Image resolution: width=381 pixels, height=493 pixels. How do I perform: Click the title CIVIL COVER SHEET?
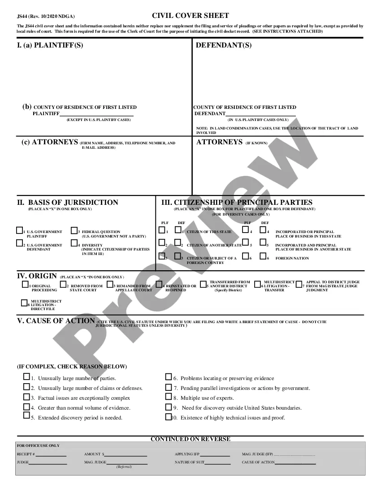tap(190, 16)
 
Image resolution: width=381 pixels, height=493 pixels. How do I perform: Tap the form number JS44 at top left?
tap(22, 16)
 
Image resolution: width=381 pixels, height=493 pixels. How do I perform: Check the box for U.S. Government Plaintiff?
tap(19, 230)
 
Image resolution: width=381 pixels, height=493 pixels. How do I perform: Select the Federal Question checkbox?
tap(74, 231)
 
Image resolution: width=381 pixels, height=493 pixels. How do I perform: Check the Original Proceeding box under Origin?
tap(25, 285)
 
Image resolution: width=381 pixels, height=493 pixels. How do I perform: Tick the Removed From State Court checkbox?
tap(63, 284)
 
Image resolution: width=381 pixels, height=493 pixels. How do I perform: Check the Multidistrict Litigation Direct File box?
tap(24, 303)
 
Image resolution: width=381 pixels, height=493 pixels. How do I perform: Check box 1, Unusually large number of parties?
tap(26, 377)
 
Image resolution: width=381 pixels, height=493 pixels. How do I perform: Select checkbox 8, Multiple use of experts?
tap(169, 397)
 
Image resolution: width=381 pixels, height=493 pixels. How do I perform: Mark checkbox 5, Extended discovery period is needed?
tap(26, 415)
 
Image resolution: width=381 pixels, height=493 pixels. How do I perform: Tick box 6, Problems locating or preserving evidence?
tap(169, 377)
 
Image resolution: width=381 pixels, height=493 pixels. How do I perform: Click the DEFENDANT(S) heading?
tap(224, 45)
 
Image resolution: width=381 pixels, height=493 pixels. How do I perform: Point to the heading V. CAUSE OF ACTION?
tap(56, 321)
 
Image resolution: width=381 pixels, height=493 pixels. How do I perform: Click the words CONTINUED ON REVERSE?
tap(190, 439)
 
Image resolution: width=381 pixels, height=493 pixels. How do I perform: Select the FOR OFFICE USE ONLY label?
tap(38, 445)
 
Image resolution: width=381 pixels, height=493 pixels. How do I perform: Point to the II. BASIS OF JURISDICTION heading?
tap(68, 203)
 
